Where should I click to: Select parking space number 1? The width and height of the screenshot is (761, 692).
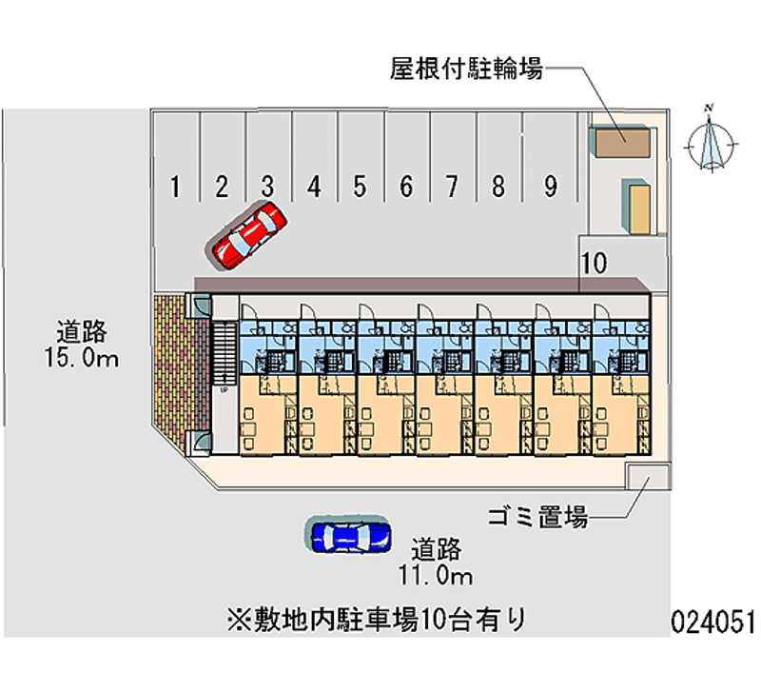tap(175, 187)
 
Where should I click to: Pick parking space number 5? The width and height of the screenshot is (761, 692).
tap(360, 187)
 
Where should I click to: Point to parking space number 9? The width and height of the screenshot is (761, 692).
tap(550, 187)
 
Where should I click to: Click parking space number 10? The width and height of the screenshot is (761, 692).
tap(595, 264)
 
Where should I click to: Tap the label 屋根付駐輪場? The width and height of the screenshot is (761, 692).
tap(466, 69)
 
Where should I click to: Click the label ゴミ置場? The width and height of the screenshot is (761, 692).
tap(537, 518)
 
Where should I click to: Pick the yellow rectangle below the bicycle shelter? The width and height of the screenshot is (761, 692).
tap(636, 204)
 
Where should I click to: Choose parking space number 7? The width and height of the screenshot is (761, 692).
tap(453, 187)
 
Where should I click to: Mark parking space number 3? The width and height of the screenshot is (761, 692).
tap(268, 187)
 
